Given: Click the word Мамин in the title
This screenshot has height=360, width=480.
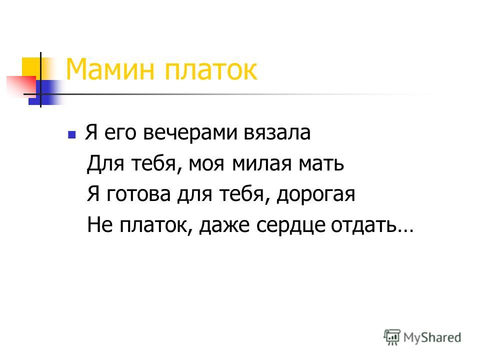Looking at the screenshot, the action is click(x=110, y=69).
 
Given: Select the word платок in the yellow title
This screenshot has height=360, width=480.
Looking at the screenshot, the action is click(x=211, y=71).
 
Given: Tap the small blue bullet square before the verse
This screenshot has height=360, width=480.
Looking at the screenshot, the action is click(x=71, y=134).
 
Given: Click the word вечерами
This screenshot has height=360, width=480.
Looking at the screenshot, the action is click(x=190, y=133).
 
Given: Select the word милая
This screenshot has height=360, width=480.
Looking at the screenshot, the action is click(x=261, y=164).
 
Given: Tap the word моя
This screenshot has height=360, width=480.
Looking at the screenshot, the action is click(x=206, y=164).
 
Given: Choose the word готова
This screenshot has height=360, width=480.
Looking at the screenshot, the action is click(x=138, y=194).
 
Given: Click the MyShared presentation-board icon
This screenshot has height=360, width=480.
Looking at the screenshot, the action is click(x=392, y=337).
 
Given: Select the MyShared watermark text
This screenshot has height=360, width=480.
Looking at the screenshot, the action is click(x=432, y=338).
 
